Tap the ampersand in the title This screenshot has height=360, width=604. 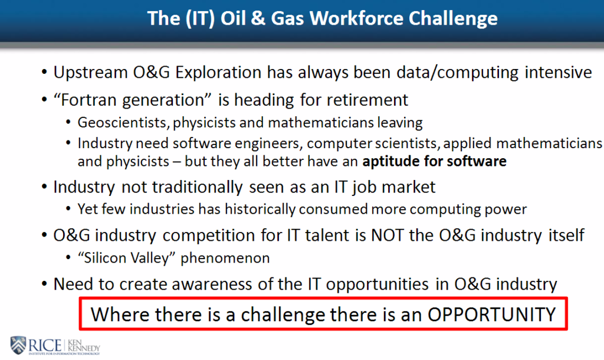click(258, 18)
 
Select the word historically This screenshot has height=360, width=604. click(260, 210)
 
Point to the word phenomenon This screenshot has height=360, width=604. click(225, 258)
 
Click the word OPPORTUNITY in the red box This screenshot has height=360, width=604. click(491, 314)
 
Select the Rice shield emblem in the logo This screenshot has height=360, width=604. click(18, 345)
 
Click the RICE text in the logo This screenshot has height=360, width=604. click(45, 345)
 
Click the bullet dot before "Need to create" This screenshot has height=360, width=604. click(44, 284)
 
